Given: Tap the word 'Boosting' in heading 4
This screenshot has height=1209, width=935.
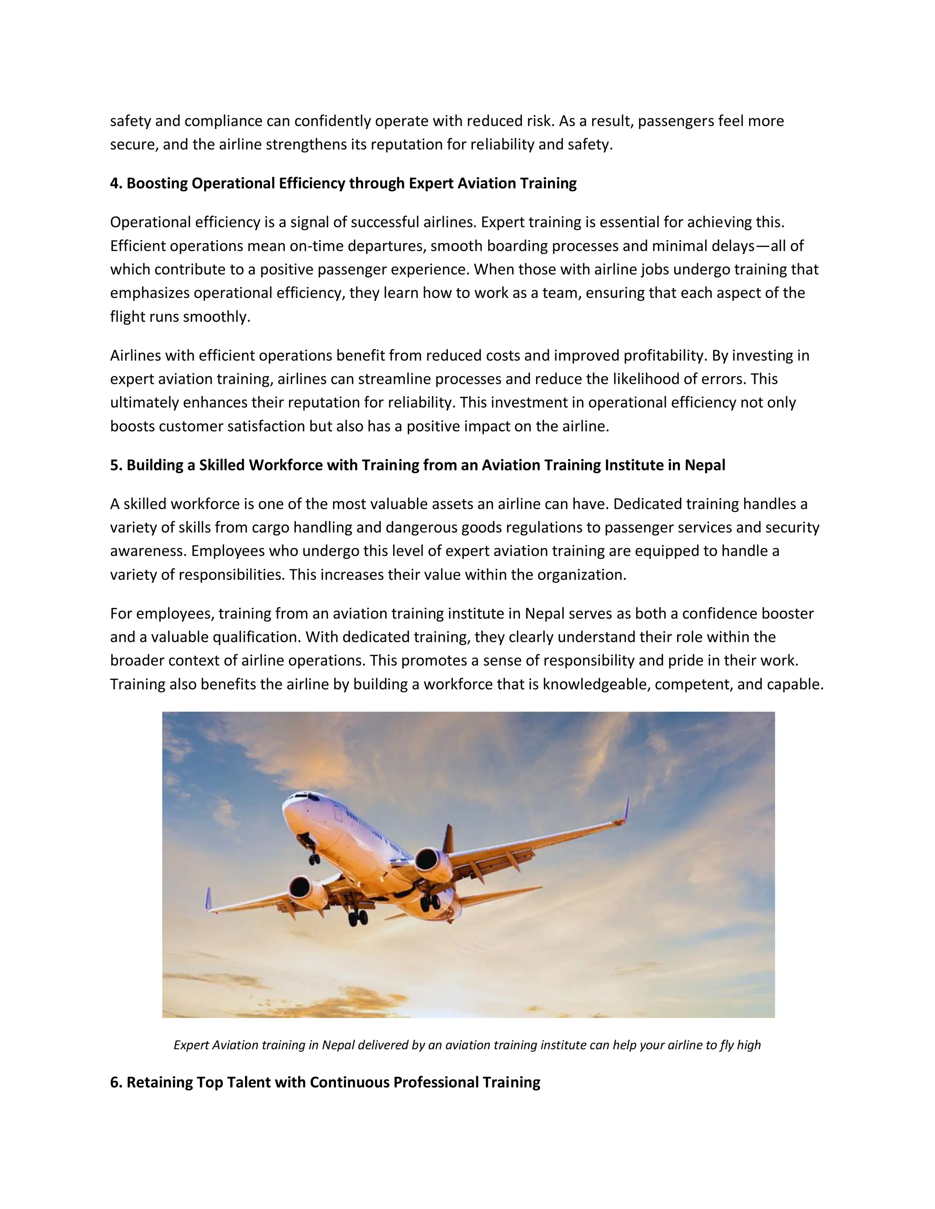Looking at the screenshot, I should pos(157,183).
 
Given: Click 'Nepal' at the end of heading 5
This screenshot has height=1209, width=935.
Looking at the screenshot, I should pos(704,465).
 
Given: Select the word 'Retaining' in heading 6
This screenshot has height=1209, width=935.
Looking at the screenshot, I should pos(151,1082).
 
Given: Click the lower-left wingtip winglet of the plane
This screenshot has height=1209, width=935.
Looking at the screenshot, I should pos(208,899).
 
